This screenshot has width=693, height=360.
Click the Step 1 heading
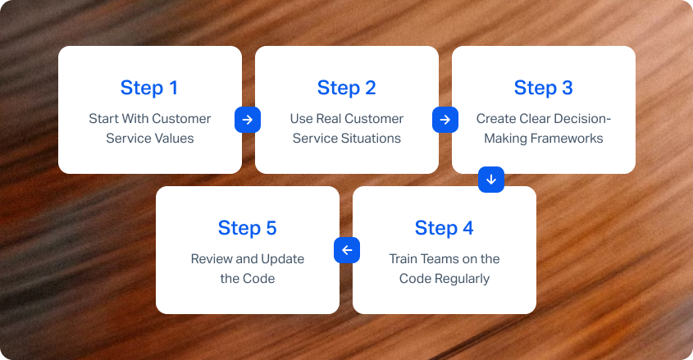[x=149, y=88]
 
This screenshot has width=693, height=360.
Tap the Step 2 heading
[x=346, y=88]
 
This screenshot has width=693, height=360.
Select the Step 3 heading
[x=544, y=88]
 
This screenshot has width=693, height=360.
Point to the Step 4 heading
[x=445, y=228]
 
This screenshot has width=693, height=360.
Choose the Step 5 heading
[x=248, y=228]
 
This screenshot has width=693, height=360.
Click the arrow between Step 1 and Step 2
[x=248, y=120]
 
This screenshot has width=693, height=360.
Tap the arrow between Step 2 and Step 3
[x=445, y=120]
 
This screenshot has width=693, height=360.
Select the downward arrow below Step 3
[x=491, y=180]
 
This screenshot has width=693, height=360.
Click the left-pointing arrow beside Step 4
[x=347, y=250]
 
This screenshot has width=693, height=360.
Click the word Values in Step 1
[x=172, y=139]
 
